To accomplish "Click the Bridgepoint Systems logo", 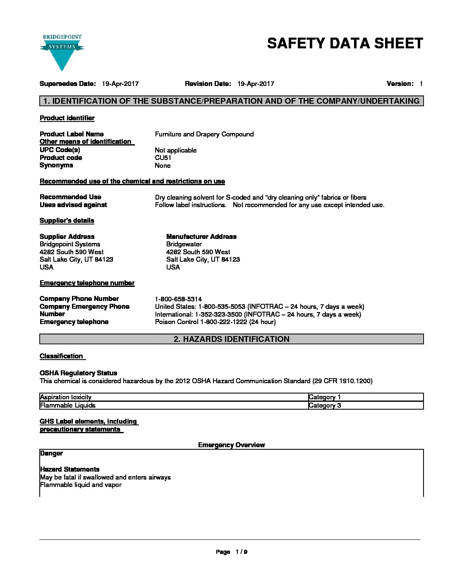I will pos(62,52).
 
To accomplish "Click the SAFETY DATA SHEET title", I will pos(345,43).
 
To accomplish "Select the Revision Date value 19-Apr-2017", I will pos(256,84).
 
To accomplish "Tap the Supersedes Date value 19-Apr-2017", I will pos(120,84).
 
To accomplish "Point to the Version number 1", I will pos(421,84).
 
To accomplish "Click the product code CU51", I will pos(163,158).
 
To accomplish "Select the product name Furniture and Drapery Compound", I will pos(204,134).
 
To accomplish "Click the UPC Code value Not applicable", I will pos(176,150).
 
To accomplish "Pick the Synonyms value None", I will pos(163,166).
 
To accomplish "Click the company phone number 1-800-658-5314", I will pos(178,299).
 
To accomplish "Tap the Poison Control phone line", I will pos(215,322).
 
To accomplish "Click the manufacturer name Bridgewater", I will pos(184,244).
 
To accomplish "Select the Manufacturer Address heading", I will pos(201,237).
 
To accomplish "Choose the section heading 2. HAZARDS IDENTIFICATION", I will pos(232,339).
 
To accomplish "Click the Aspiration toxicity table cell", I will pos(66,397).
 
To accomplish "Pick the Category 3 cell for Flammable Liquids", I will pos(325,405).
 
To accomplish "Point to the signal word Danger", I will pos(51,453).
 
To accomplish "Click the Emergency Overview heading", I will pos(231,445).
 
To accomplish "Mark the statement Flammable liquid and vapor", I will pos(81,485).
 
